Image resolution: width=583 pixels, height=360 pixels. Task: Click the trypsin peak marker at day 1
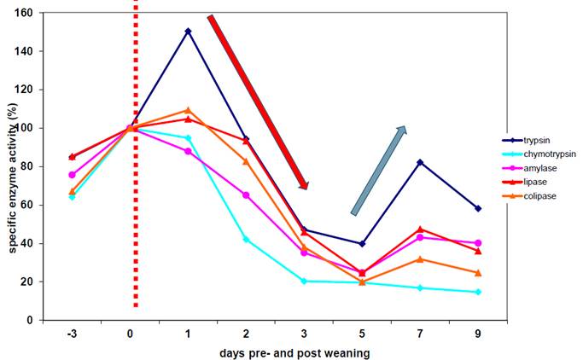(188, 32)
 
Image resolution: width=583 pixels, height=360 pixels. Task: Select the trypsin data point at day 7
(420, 162)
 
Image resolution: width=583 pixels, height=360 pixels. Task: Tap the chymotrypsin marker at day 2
(246, 240)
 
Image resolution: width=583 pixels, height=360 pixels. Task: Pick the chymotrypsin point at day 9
(478, 293)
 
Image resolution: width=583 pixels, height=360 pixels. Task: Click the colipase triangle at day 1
(188, 110)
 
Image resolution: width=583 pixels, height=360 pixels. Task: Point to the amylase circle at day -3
(72, 175)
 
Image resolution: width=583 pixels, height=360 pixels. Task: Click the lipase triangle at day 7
(420, 229)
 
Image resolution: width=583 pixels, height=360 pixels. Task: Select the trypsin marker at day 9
(478, 208)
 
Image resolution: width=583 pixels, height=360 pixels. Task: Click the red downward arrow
(258, 102)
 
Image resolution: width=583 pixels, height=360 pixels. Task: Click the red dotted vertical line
(135, 154)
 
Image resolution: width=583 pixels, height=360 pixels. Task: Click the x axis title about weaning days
(273, 351)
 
